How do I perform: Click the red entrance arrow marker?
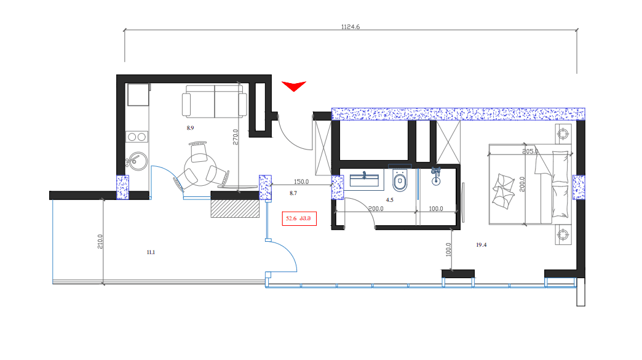click(x=293, y=86)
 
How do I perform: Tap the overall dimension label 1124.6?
click(x=349, y=26)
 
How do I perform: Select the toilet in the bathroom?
click(x=400, y=180)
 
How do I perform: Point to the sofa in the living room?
click(x=215, y=102)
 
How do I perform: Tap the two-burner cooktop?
click(x=137, y=137)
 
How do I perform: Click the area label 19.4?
click(x=481, y=245)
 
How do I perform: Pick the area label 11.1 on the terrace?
click(x=151, y=252)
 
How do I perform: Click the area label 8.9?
click(x=191, y=128)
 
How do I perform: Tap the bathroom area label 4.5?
click(x=389, y=200)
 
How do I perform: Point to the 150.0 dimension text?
click(x=301, y=182)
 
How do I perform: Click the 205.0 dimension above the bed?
click(x=530, y=151)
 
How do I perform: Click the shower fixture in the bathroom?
click(x=437, y=175)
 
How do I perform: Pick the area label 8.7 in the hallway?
click(x=293, y=194)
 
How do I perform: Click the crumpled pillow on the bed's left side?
click(x=504, y=191)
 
